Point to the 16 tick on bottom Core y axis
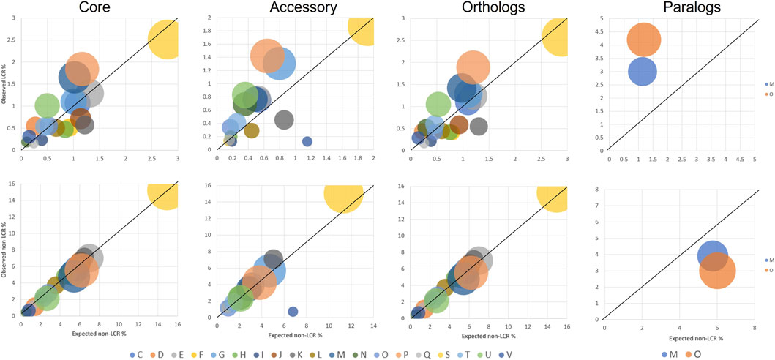click(14, 187)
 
